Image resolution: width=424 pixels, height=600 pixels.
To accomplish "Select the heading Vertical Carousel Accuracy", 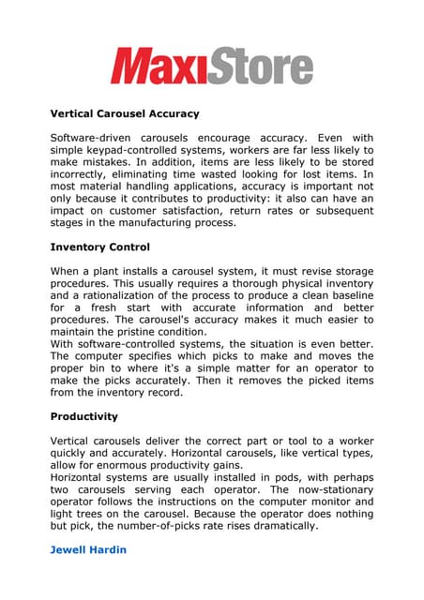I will [124, 113].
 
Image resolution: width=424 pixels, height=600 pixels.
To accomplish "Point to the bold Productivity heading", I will [83, 416].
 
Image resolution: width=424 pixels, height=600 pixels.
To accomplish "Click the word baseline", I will [348, 295].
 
